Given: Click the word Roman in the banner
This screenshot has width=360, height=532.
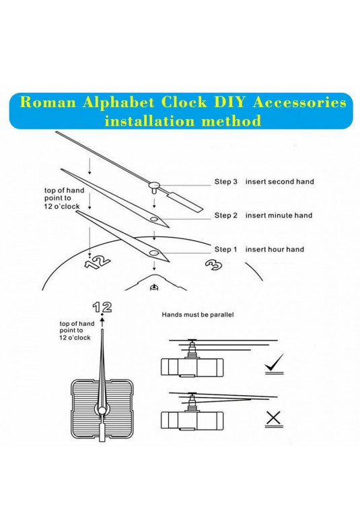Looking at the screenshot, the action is [x=48, y=102].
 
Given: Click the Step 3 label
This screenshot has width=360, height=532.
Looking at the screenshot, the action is [x=226, y=182].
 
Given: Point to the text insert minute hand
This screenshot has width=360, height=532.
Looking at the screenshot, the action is [x=279, y=215].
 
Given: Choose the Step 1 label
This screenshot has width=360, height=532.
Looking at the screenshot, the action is [x=226, y=249].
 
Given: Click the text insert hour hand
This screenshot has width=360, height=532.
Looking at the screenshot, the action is [x=275, y=249].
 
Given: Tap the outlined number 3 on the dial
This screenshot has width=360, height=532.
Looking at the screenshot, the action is [x=214, y=265].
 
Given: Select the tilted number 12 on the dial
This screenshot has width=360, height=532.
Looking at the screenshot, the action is [x=98, y=261].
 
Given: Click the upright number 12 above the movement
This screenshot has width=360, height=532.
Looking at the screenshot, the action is [x=102, y=307].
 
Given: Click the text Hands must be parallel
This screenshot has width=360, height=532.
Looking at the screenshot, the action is [x=198, y=315].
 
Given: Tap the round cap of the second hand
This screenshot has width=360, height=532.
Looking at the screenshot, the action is [x=154, y=185].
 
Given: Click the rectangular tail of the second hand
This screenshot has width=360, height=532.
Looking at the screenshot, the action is [x=186, y=202].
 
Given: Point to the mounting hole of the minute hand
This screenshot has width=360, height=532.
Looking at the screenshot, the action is [x=154, y=219].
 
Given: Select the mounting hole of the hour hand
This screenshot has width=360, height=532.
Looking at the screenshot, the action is [x=154, y=253].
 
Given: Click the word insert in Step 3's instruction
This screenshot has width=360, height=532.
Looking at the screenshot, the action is [x=255, y=182].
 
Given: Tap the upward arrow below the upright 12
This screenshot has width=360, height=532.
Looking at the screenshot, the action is [x=102, y=323].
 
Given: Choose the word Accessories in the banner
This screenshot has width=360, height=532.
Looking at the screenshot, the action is [x=299, y=102].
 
